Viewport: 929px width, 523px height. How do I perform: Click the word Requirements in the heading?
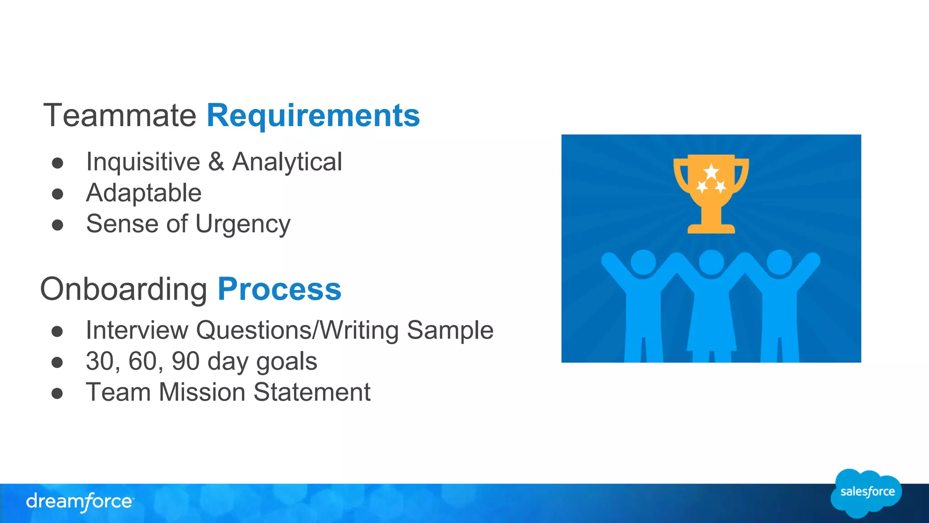(x=313, y=116)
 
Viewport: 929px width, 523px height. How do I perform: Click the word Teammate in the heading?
(x=120, y=116)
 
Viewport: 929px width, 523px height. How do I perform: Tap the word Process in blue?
(x=279, y=290)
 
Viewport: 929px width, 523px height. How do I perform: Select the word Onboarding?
(x=124, y=290)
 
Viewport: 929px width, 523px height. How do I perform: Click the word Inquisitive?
(x=143, y=162)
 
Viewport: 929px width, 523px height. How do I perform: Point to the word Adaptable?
(x=144, y=193)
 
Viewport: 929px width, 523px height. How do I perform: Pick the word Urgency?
(x=243, y=224)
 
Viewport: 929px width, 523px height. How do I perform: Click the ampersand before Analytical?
(x=216, y=162)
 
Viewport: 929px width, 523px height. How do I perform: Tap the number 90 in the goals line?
(x=186, y=361)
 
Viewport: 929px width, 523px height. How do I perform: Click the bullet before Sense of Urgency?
(x=58, y=225)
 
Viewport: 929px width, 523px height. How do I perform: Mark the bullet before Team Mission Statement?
(x=57, y=393)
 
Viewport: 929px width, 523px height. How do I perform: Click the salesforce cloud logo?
(x=866, y=493)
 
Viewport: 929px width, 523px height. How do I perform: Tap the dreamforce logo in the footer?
(x=79, y=502)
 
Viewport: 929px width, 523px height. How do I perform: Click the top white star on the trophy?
(x=711, y=172)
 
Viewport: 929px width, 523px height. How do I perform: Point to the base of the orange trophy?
(x=711, y=228)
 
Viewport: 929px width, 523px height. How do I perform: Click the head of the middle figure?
(x=711, y=262)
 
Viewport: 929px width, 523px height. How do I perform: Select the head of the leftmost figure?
(x=643, y=262)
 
